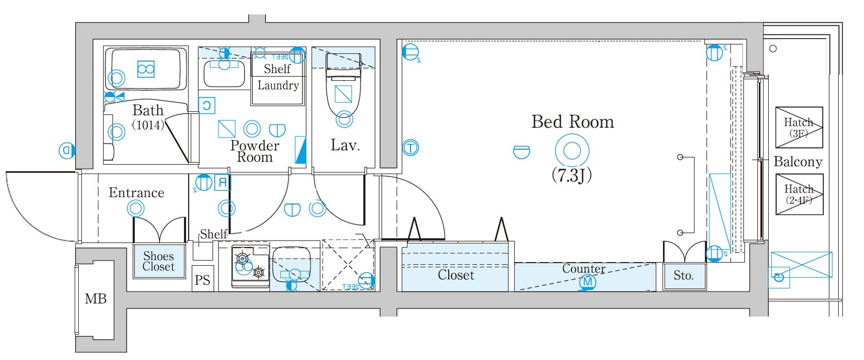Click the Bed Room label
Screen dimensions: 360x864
[x=572, y=122]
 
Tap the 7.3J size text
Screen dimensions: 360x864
[x=571, y=176]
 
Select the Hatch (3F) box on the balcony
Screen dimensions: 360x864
[x=799, y=127]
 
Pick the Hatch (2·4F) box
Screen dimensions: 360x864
[x=799, y=194]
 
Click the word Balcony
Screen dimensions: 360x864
[x=798, y=162]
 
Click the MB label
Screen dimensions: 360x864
[x=95, y=299]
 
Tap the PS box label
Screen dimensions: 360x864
[x=202, y=280]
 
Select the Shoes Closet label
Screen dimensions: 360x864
[x=159, y=261]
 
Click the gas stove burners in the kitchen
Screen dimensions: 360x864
[x=250, y=265]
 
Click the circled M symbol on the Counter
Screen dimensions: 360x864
[x=587, y=282]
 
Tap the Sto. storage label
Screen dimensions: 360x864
[x=683, y=276]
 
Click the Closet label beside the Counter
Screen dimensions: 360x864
[x=455, y=275]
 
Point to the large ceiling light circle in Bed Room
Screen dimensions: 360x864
[x=572, y=151]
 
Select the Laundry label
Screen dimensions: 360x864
[x=278, y=85]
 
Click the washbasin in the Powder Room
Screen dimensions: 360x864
[x=224, y=74]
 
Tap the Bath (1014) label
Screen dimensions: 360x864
[x=148, y=116]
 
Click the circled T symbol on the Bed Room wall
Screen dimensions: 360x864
[x=410, y=148]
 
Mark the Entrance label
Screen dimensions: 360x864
[x=137, y=193]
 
